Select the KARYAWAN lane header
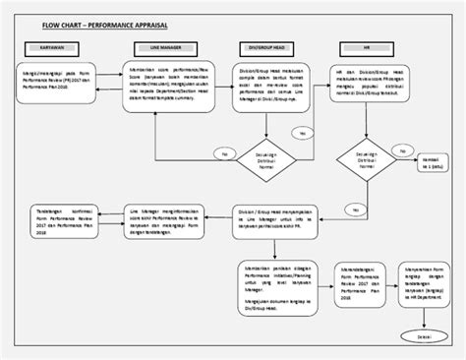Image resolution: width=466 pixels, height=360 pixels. [55, 46]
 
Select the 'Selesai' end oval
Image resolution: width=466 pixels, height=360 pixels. [425, 337]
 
